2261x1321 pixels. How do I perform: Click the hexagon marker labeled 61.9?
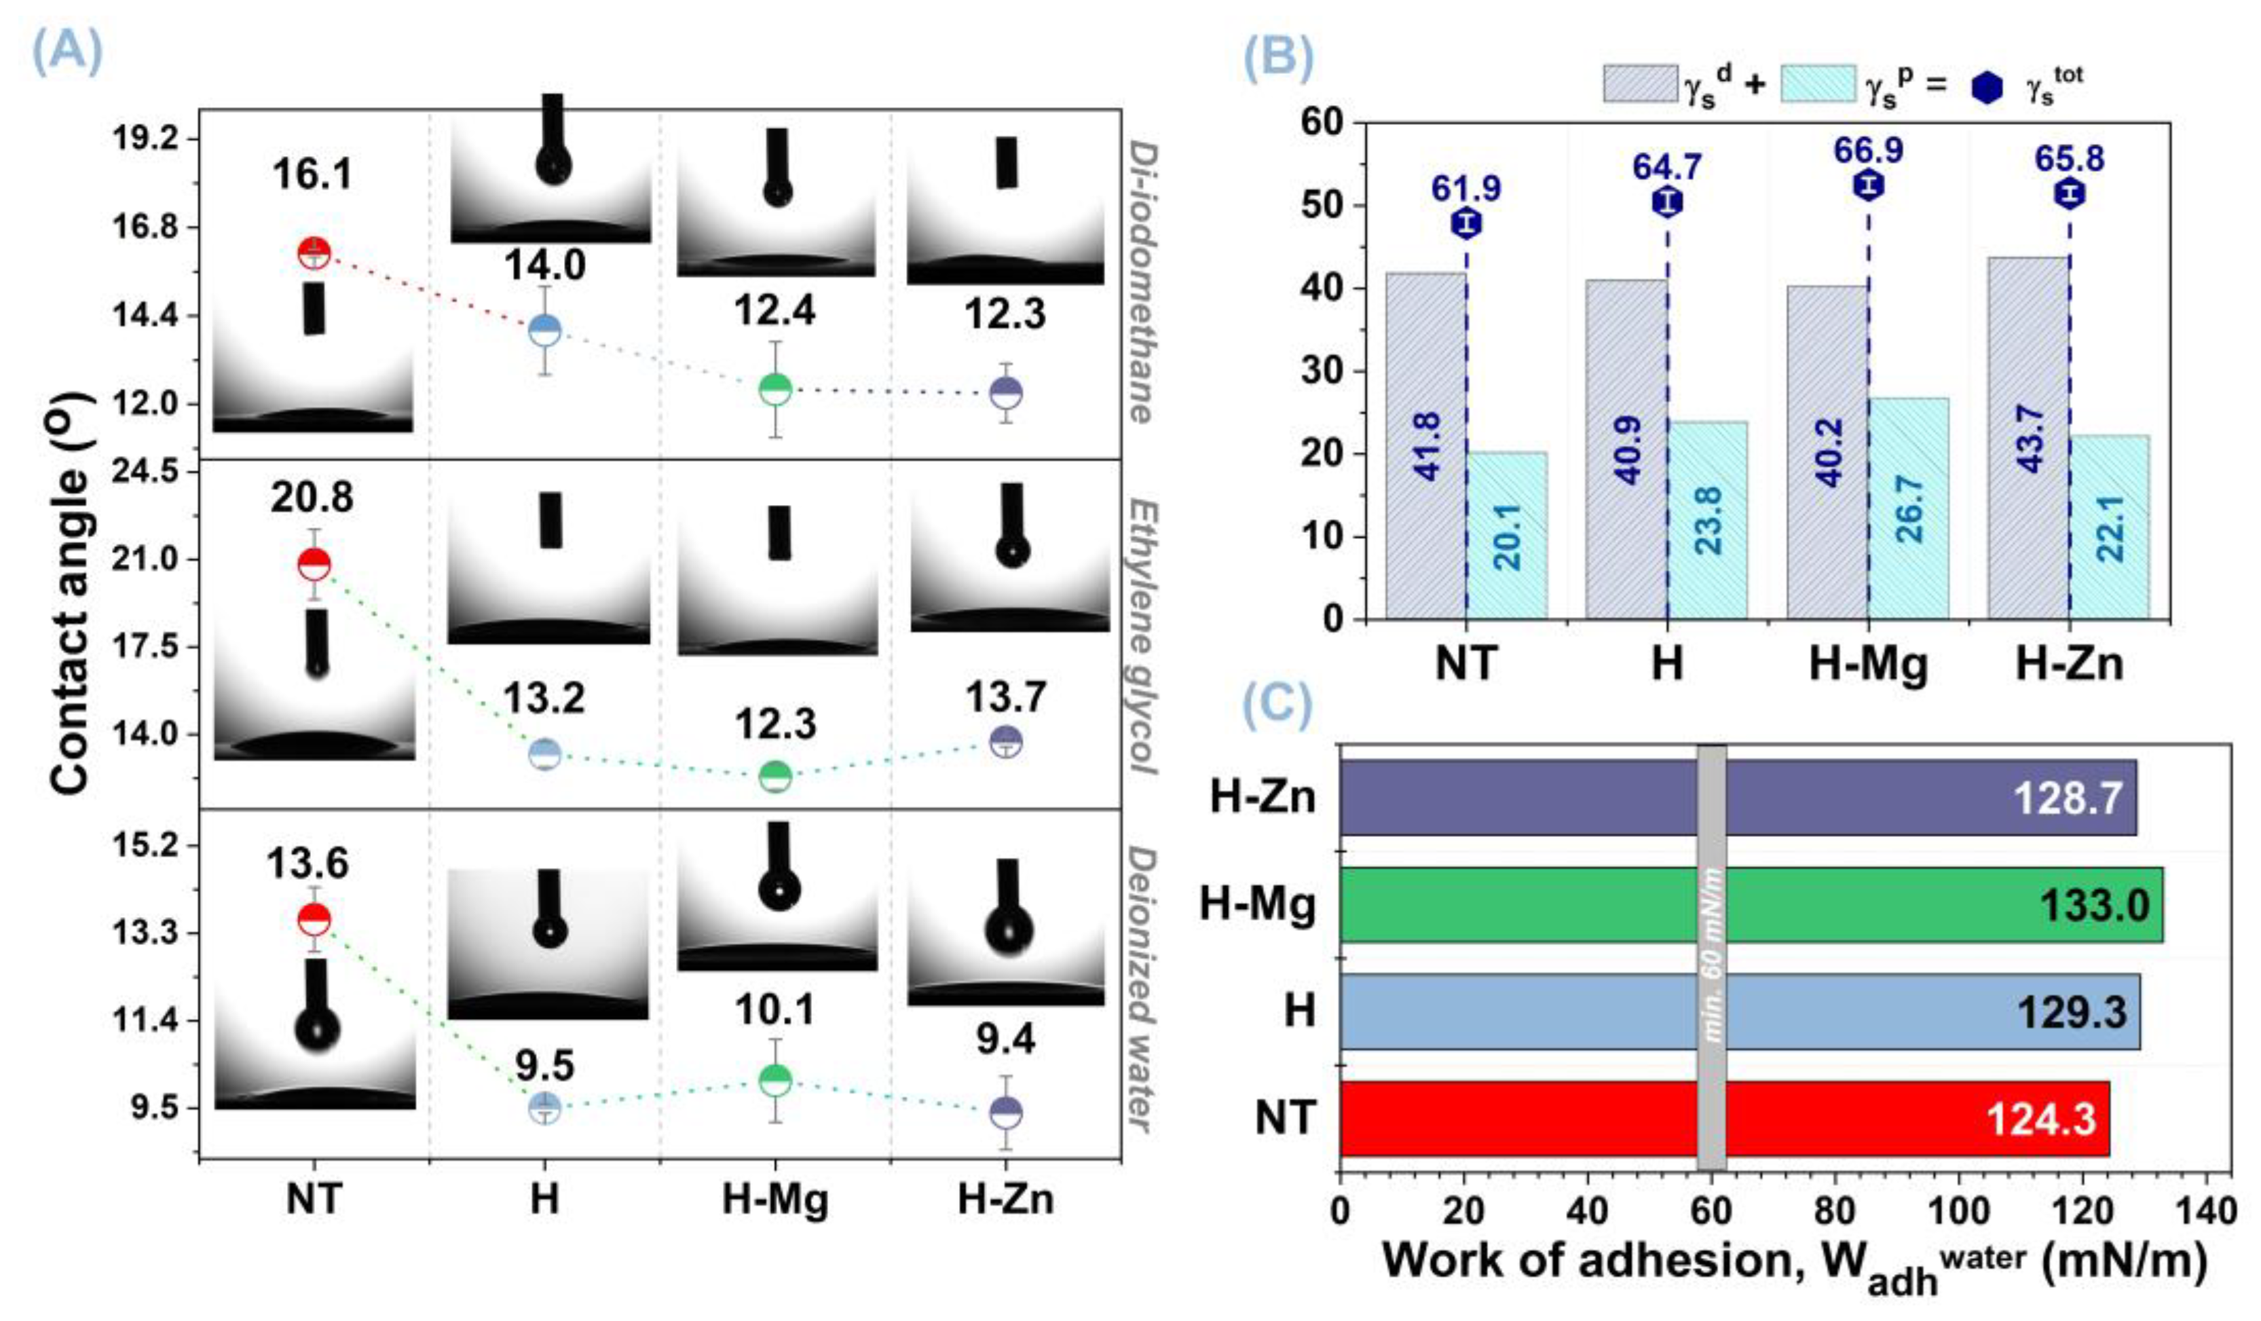1467,223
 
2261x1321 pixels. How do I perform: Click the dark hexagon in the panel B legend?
1987,87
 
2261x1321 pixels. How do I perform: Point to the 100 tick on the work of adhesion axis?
1958,1210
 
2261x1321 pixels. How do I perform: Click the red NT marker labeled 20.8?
314,565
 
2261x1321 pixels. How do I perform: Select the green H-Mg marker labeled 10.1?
775,1079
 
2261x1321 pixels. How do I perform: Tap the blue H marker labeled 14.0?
544,329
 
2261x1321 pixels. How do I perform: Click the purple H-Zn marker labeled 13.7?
1006,742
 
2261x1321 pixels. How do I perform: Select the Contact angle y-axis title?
72,593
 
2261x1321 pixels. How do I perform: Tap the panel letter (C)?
1277,705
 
